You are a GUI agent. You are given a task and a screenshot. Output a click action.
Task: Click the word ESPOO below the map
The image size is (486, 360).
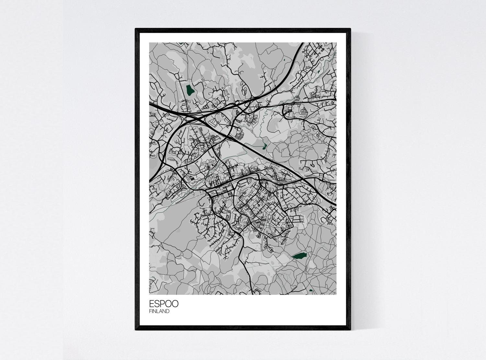tap(164, 304)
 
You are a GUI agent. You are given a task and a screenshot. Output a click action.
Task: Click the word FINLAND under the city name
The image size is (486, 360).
tap(159, 311)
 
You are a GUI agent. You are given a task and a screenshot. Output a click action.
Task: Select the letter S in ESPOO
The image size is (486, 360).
tap(157, 304)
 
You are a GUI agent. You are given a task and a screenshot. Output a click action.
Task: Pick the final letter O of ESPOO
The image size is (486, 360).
tap(175, 304)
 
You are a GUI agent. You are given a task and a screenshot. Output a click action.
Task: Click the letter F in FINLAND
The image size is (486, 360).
tap(150, 311)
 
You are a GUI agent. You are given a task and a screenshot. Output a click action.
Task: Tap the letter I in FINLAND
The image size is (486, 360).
tap(153, 311)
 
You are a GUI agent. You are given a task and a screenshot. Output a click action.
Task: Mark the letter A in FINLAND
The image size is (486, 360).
tap(161, 311)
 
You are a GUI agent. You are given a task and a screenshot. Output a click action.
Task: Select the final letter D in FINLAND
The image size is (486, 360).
tap(168, 311)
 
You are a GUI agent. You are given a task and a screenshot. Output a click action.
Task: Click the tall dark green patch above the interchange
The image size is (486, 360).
tap(190, 89)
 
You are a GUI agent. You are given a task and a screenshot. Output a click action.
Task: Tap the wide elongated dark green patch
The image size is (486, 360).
tap(299, 256)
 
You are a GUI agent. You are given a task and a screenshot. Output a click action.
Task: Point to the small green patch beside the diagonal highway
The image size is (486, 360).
tap(265, 146)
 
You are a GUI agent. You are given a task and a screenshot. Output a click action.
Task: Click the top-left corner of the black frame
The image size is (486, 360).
tap(136, 29)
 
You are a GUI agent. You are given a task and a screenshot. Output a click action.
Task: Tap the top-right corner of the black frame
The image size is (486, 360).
tap(350, 29)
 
